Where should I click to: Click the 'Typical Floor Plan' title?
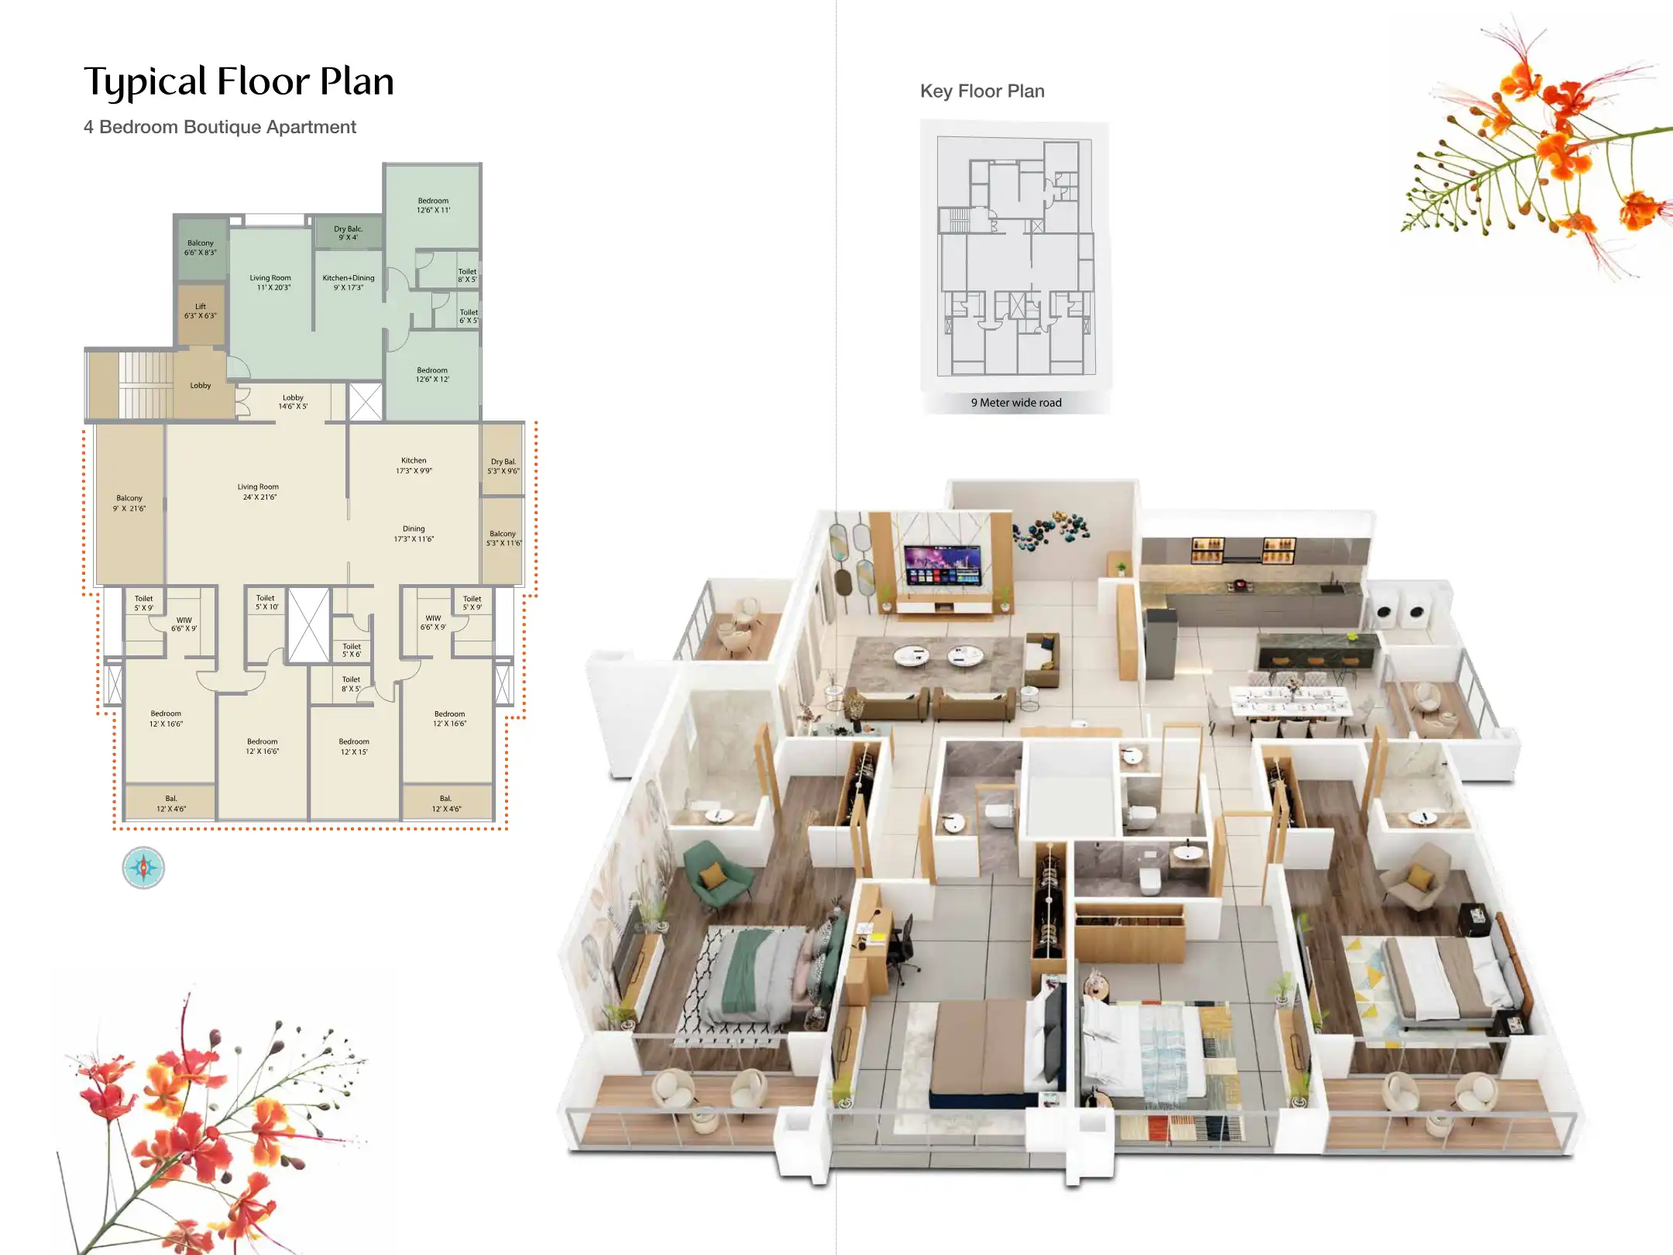(239, 82)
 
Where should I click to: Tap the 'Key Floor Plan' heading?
(981, 91)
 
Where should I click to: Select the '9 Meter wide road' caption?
(1015, 403)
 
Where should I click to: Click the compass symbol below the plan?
(143, 868)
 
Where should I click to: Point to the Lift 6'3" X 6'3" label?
(201, 311)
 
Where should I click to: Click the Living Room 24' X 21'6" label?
(258, 492)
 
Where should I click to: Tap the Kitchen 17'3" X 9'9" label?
(414, 466)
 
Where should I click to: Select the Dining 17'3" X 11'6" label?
(414, 534)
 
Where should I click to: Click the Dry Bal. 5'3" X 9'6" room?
(503, 466)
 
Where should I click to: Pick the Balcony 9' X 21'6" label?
(129, 504)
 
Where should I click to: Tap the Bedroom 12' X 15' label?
(354, 746)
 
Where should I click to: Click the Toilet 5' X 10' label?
(266, 602)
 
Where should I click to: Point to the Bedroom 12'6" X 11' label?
(433, 205)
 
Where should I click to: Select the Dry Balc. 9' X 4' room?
(348, 232)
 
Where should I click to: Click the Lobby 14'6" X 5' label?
(293, 401)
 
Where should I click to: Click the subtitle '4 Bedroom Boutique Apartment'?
(220, 127)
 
